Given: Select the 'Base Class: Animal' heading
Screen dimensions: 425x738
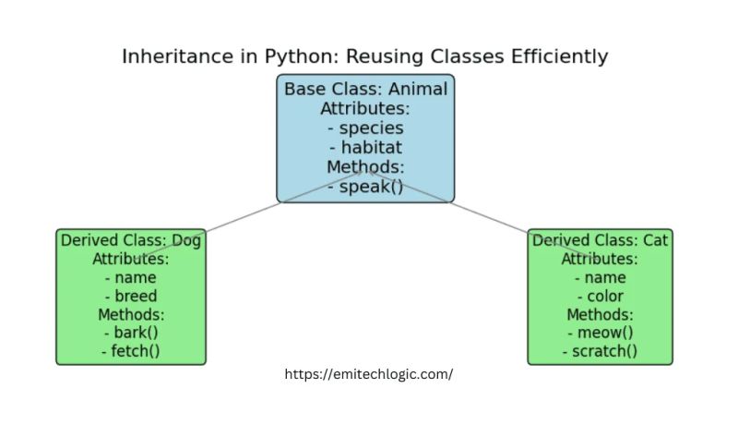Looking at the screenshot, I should point(365,90).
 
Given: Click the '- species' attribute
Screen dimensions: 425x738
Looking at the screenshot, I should point(365,128).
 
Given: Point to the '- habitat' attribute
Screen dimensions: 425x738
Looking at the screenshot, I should point(365,148).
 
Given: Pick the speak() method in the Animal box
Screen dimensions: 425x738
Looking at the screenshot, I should point(365,187).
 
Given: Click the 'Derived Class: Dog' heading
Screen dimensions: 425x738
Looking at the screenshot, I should point(131,240).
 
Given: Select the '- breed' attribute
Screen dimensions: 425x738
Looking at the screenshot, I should point(131,297).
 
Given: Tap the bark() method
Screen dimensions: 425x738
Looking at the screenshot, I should point(131,334).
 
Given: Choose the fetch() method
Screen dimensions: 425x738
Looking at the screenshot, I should point(131,352).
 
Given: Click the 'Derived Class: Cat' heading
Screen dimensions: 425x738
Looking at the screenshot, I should point(600,240).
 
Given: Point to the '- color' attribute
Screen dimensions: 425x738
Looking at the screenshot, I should point(600,297).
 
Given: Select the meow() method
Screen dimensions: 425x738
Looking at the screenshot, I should point(600,334).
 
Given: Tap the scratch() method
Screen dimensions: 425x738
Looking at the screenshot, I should point(600,352).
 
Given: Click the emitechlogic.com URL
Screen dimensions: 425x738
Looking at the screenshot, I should point(368,375).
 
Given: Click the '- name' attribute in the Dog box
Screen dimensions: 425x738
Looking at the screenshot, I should point(131,277).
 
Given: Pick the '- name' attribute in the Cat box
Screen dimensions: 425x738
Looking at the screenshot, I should point(600,277).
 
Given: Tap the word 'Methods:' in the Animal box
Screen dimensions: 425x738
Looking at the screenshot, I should point(365,167).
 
